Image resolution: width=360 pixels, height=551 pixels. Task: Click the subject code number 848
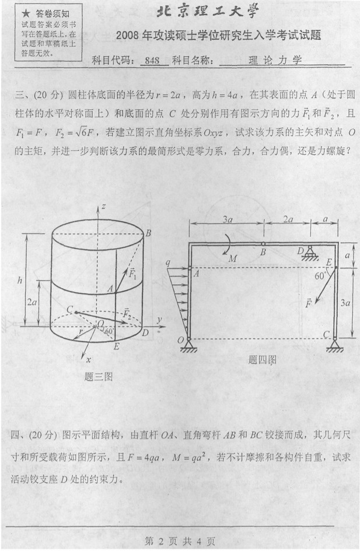[x=152, y=61]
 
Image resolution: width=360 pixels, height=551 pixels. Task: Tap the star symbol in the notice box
[x=26, y=14]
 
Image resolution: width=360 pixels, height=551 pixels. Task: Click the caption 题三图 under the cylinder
[x=99, y=377]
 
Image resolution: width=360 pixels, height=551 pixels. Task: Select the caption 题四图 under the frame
[x=262, y=360]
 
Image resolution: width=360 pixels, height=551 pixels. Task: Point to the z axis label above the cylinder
[x=104, y=207]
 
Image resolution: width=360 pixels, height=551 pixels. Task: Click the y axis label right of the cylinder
[x=159, y=320]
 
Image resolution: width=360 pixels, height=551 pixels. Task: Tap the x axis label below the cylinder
[x=89, y=360]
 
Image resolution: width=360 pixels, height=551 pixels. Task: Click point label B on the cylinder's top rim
[x=148, y=233]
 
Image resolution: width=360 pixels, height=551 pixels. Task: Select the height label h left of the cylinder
[x=20, y=280]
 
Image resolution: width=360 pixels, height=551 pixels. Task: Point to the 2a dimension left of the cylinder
[x=32, y=302]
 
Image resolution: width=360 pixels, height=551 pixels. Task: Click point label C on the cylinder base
[x=69, y=309]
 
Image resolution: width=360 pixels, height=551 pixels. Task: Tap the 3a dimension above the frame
[x=228, y=219]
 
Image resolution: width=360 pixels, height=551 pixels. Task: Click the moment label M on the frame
[x=233, y=259]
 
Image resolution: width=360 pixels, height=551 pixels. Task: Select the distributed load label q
[x=168, y=263]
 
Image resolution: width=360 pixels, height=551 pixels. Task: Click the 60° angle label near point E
[x=320, y=276]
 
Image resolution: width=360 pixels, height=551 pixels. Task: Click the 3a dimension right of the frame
[x=345, y=302]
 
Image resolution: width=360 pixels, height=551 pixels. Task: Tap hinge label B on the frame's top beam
[x=263, y=252]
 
